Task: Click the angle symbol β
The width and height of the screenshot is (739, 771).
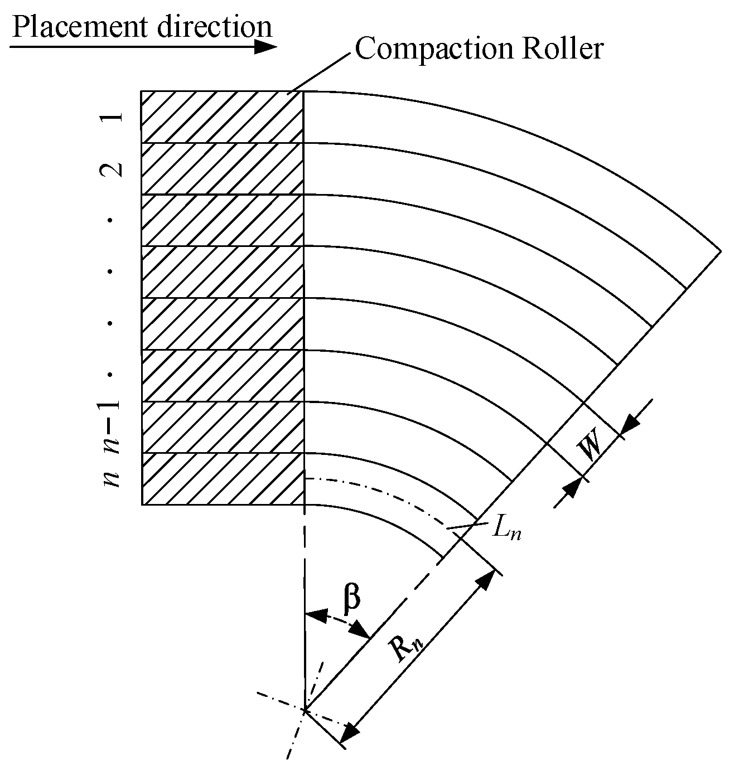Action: pyautogui.click(x=351, y=598)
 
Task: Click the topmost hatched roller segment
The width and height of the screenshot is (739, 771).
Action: pyautogui.click(x=222, y=117)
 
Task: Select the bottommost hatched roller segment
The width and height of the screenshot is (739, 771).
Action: pyautogui.click(x=222, y=478)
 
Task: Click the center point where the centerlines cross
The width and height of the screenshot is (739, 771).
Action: pyautogui.click(x=305, y=710)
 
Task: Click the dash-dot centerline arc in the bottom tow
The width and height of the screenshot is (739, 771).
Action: pyautogui.click(x=390, y=493)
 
